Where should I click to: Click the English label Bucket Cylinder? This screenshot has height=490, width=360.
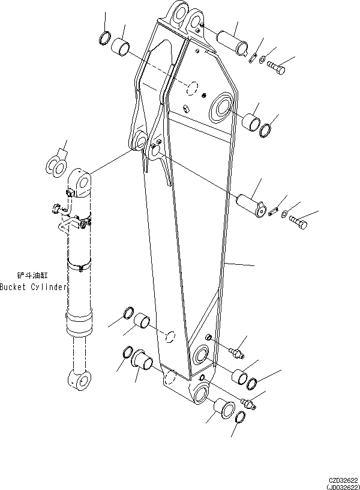point(33,287)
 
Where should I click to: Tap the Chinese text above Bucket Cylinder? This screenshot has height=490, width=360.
point(29,275)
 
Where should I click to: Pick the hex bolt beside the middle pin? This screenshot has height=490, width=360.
point(300,223)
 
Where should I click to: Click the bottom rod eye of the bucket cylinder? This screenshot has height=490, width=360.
point(79,378)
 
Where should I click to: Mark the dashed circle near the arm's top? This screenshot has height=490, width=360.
point(191,87)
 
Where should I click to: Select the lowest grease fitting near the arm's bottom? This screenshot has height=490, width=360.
point(248,402)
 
